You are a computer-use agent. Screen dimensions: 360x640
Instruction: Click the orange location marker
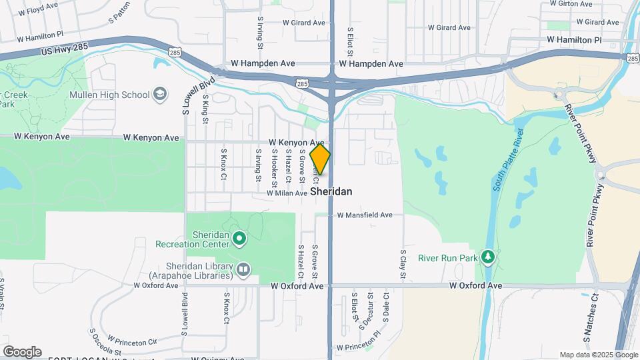click(x=320, y=159)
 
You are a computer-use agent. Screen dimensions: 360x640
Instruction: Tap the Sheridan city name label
click(x=331, y=191)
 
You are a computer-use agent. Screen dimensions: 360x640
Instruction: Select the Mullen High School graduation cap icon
click(x=160, y=94)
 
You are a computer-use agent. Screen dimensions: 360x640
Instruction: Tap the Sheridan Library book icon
click(x=243, y=269)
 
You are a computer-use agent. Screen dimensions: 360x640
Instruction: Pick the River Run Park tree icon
click(x=489, y=257)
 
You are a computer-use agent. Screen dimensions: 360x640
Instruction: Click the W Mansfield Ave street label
click(x=369, y=215)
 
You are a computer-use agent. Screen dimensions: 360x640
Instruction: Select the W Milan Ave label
click(x=287, y=193)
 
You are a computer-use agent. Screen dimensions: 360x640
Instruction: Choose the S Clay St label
click(x=403, y=264)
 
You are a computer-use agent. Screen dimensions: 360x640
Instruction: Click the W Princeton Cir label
click(x=132, y=341)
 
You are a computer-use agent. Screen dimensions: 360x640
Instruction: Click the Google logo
click(x=22, y=352)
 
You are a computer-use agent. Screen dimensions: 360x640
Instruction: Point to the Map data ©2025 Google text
click(x=597, y=355)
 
